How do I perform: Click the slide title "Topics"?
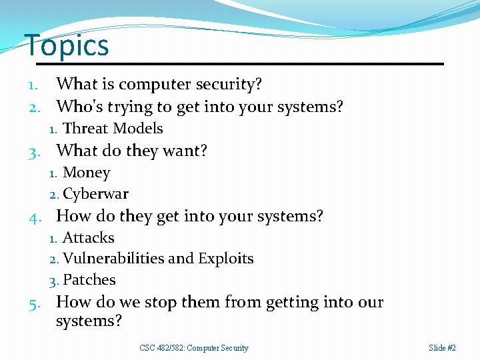[x=67, y=45]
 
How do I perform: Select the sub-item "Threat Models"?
[x=112, y=129]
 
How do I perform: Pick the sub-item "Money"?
[x=86, y=173]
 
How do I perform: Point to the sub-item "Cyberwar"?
[x=95, y=194]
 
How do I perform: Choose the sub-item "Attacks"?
[x=88, y=237]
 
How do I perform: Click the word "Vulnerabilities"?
[x=113, y=259]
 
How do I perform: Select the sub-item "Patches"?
[x=89, y=280]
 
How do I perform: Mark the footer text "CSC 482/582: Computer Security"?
[x=194, y=348]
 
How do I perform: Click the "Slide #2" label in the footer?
[x=442, y=348]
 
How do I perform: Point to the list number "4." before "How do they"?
[x=37, y=217]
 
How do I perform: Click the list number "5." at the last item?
[x=37, y=303]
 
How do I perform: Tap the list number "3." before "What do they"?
[x=37, y=151]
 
